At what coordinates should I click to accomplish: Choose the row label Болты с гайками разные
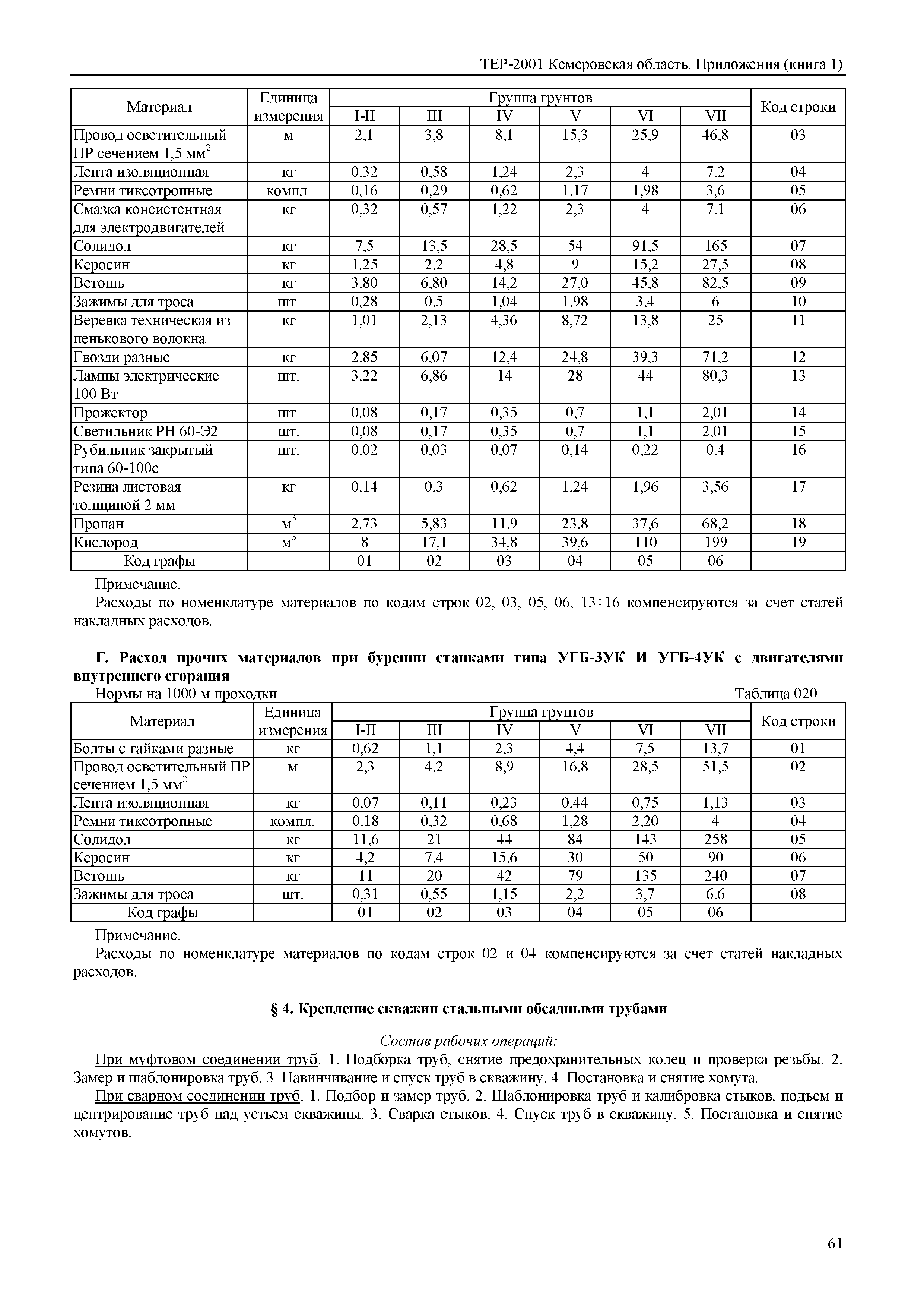[153, 748]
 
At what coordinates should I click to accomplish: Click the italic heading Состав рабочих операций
[468, 1041]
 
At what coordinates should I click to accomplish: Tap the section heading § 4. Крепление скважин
[468, 1009]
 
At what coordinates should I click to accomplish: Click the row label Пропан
[98, 524]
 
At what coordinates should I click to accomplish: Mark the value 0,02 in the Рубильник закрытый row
[364, 450]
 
